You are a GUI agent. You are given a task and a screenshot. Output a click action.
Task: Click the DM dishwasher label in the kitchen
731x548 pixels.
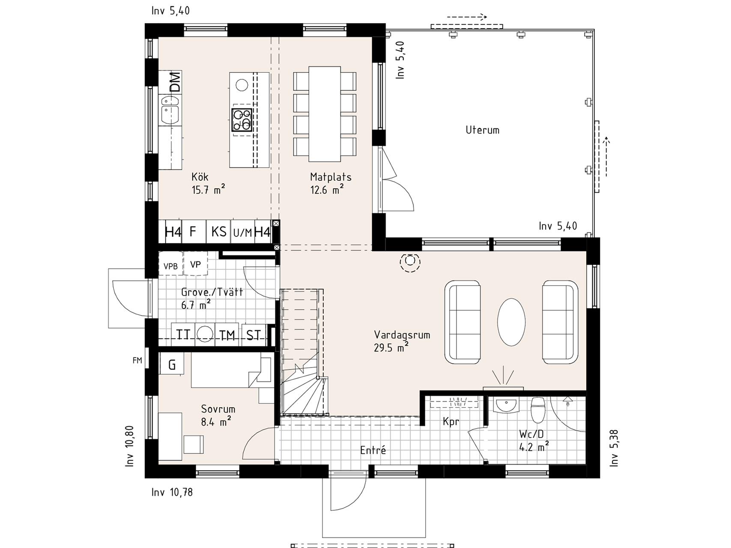[175, 82]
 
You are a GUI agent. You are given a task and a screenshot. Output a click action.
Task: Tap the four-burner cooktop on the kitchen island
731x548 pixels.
[242, 119]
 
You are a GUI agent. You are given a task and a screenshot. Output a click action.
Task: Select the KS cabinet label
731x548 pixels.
[219, 232]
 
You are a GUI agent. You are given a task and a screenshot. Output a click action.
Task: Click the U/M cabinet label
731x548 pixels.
[243, 233]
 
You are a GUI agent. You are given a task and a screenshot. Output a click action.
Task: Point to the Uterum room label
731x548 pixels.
[482, 130]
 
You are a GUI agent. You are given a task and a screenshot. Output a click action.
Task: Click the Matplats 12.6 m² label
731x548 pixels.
[330, 183]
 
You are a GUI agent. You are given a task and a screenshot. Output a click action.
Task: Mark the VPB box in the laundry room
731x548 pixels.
[170, 266]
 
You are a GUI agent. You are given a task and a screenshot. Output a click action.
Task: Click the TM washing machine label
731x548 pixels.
[227, 335]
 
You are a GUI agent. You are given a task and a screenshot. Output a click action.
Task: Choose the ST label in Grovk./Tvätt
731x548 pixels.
[254, 335]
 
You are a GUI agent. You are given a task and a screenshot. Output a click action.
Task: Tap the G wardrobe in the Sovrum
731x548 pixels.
[172, 365]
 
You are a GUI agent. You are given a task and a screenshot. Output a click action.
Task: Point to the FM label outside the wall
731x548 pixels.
[137, 361]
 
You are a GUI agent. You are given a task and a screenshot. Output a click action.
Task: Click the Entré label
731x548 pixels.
[373, 450]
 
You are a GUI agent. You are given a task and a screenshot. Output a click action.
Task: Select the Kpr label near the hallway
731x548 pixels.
[451, 422]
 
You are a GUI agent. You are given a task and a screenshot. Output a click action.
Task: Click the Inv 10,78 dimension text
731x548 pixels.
[172, 492]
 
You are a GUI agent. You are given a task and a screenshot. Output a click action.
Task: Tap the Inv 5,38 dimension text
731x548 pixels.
[614, 447]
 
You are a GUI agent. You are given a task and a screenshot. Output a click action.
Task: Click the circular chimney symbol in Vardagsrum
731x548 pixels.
[410, 261]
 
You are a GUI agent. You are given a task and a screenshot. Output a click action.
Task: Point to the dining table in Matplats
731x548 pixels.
[325, 114]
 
